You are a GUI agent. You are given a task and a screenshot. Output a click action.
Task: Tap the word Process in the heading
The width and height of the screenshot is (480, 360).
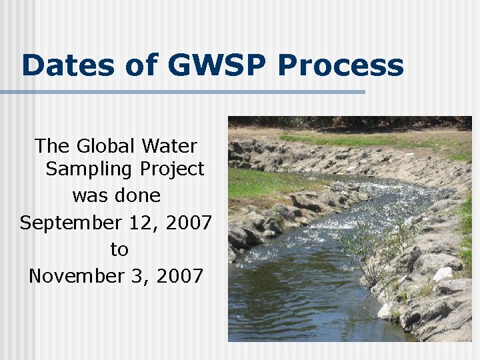point(340,66)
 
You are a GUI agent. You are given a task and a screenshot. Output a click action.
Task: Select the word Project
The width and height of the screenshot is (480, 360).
point(172,170)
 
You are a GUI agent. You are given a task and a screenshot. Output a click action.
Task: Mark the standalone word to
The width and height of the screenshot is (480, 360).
point(119,250)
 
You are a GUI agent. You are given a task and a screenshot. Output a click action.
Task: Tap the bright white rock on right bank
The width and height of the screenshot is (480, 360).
point(443,273)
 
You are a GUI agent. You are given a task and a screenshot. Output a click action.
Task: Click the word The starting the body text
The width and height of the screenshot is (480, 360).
point(51,145)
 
